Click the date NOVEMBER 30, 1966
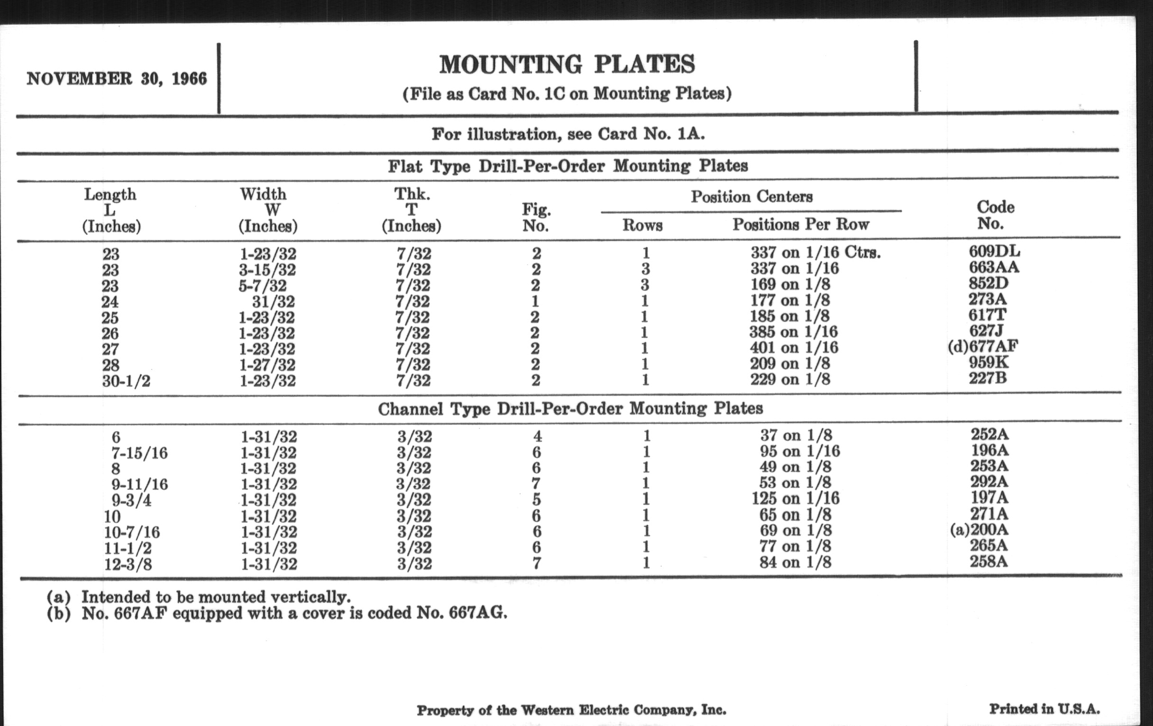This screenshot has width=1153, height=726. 116,79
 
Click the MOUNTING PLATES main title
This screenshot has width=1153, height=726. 567,65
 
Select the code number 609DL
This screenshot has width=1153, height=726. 994,251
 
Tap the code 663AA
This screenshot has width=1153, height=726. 994,267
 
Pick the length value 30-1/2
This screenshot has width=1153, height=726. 126,381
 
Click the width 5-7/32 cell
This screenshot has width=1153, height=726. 262,286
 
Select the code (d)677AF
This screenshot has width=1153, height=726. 982,346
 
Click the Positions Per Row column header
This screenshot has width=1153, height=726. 801,224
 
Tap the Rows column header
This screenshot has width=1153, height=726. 642,225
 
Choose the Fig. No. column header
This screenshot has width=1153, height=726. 536,217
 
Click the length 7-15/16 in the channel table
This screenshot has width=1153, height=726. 139,453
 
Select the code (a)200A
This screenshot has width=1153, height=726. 979,530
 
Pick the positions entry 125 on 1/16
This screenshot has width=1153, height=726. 796,498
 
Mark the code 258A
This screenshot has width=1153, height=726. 989,561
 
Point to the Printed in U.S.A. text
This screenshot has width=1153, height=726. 1044,709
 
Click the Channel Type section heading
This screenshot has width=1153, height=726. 570,409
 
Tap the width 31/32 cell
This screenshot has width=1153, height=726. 274,301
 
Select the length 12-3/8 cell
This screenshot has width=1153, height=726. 128,564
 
